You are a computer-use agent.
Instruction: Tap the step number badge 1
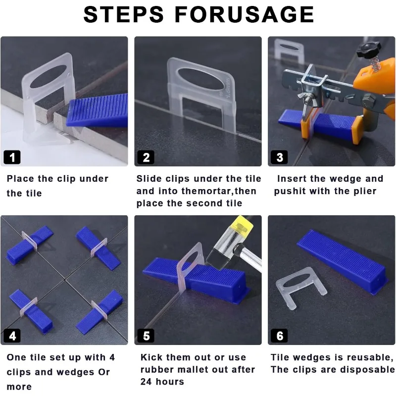tap(12, 157)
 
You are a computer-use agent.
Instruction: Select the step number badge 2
tap(146, 157)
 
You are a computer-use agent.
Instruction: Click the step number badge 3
tap(279, 157)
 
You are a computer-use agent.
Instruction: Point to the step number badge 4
tap(12, 336)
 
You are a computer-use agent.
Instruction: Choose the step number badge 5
tap(146, 336)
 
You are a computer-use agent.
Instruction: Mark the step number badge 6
tap(279, 336)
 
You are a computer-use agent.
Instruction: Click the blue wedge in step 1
tap(97, 110)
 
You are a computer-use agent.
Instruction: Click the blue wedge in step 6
tap(342, 261)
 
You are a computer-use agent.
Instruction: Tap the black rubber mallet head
tap(220, 257)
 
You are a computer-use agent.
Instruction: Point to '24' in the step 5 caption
tap(146, 381)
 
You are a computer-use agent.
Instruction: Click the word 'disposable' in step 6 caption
tap(367, 369)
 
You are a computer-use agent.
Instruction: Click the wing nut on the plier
tap(305, 98)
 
